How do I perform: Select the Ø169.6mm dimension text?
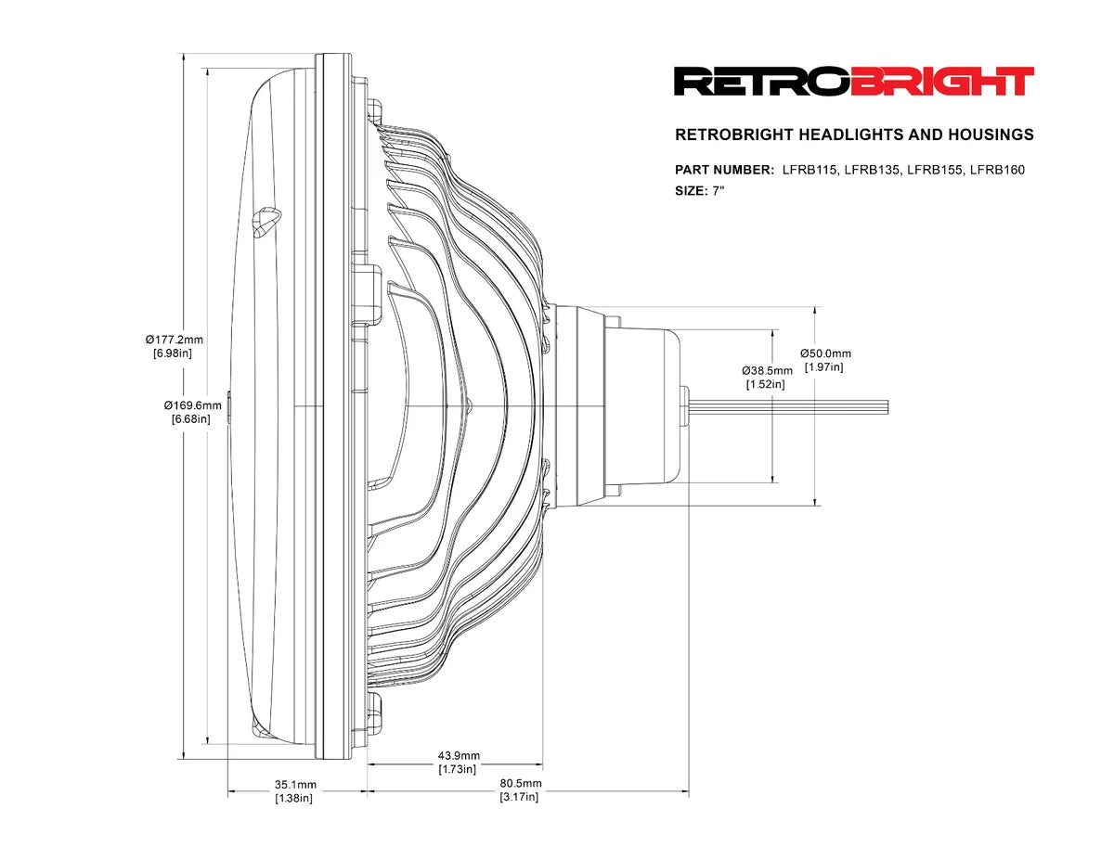tap(193, 404)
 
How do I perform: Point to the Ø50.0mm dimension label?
tap(825, 353)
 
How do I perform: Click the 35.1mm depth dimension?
tap(295, 784)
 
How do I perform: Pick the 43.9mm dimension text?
tap(458, 755)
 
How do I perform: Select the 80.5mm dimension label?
tap(519, 783)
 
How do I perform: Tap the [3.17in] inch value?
tap(519, 797)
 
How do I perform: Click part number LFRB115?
tap(810, 169)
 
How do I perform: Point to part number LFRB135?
tap(873, 169)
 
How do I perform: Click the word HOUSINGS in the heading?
tap(991, 135)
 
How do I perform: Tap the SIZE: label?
tap(692, 191)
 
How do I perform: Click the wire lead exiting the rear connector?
tap(789, 405)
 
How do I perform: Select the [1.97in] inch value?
tap(824, 366)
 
